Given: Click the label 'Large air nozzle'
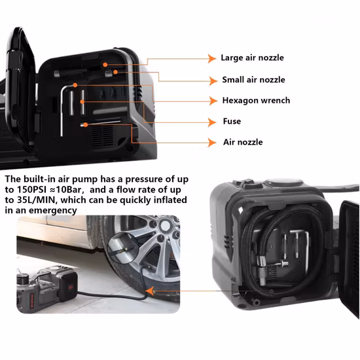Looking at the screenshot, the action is [252, 58].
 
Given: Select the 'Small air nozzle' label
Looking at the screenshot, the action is [253, 80].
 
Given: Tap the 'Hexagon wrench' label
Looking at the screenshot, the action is [256, 101].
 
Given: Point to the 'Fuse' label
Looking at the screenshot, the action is [232, 121].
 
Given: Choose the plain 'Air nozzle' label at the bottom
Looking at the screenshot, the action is [243, 142].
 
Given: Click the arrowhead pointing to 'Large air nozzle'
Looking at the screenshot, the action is [212, 58].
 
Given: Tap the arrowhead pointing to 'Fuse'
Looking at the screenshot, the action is [212, 122].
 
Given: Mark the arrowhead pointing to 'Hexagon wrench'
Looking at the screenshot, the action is [213, 101].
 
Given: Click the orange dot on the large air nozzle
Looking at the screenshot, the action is [105, 65].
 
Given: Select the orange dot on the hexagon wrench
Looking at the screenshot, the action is [75, 85].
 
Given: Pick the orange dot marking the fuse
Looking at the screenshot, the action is [82, 101].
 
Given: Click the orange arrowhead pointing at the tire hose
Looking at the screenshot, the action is [150, 291].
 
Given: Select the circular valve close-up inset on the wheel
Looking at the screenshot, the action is [123, 248].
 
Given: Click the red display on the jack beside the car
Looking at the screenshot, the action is [70, 287].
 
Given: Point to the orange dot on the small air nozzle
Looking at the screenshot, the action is [115, 72].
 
